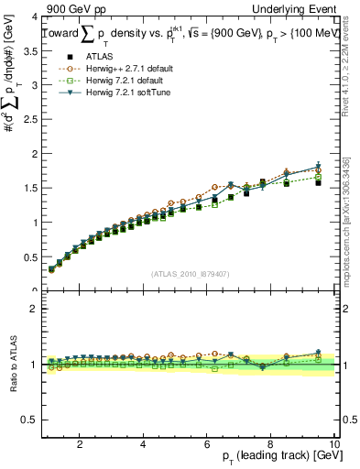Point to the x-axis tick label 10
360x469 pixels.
(x=333, y=444)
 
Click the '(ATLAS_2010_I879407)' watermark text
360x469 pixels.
(x=189, y=274)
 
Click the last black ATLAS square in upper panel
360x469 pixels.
(x=318, y=183)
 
